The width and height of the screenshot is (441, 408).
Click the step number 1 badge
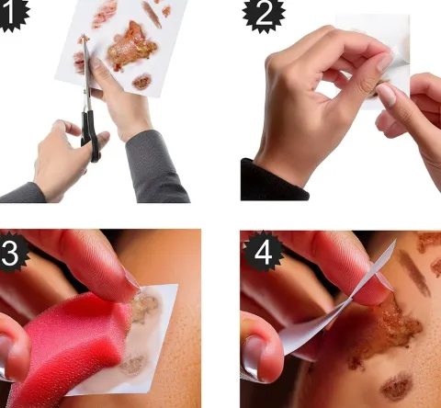coord(12,14)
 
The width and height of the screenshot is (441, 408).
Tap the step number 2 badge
coord(264,14)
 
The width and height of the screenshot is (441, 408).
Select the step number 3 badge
coord(13,253)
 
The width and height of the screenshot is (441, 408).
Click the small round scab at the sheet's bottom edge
coord(141,82)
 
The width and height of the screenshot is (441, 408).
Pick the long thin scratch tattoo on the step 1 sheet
coord(152,15)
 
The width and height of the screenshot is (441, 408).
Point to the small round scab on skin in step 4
coord(397,387)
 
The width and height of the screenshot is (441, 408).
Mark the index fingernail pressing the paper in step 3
coord(132,278)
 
